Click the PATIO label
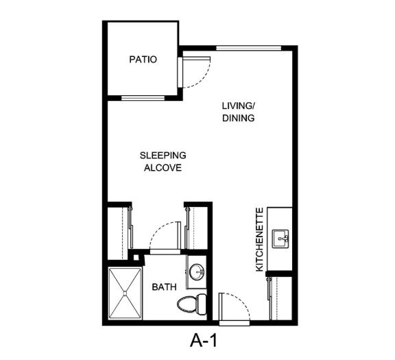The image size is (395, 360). (x=143, y=60)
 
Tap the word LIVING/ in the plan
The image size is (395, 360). (x=238, y=106)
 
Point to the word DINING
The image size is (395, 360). (x=239, y=118)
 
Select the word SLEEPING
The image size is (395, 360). (x=163, y=156)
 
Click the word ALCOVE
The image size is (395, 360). (x=163, y=168)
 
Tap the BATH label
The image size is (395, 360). (x=164, y=287)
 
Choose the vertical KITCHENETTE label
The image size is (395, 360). (x=259, y=239)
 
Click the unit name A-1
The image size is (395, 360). (x=203, y=341)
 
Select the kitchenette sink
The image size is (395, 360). (x=280, y=239)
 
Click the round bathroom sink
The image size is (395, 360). (x=197, y=272)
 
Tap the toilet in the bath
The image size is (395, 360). (x=192, y=304)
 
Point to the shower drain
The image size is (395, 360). (x=125, y=293)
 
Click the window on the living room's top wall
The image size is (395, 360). (x=249, y=48)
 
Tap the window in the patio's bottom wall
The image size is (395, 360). (x=143, y=98)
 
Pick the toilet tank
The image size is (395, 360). (x=202, y=304)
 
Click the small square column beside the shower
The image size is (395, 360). (x=136, y=257)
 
